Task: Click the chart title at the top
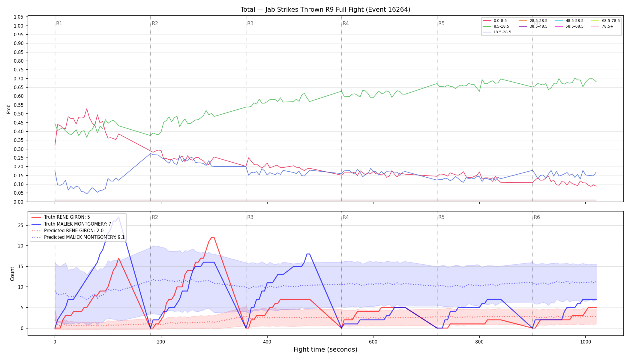tap(325, 10)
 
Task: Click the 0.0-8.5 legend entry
tap(495, 21)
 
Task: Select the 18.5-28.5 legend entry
tap(497, 32)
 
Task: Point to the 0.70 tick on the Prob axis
tap(19, 79)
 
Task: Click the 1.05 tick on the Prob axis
tap(19, 17)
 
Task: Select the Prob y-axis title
tap(9, 109)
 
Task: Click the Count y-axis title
tap(12, 274)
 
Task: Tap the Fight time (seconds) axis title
tap(325, 349)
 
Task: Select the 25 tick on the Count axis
tap(21, 225)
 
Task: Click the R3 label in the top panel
tap(250, 23)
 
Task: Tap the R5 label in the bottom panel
tap(441, 217)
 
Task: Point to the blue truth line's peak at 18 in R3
tap(308, 254)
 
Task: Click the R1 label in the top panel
tap(59, 23)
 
